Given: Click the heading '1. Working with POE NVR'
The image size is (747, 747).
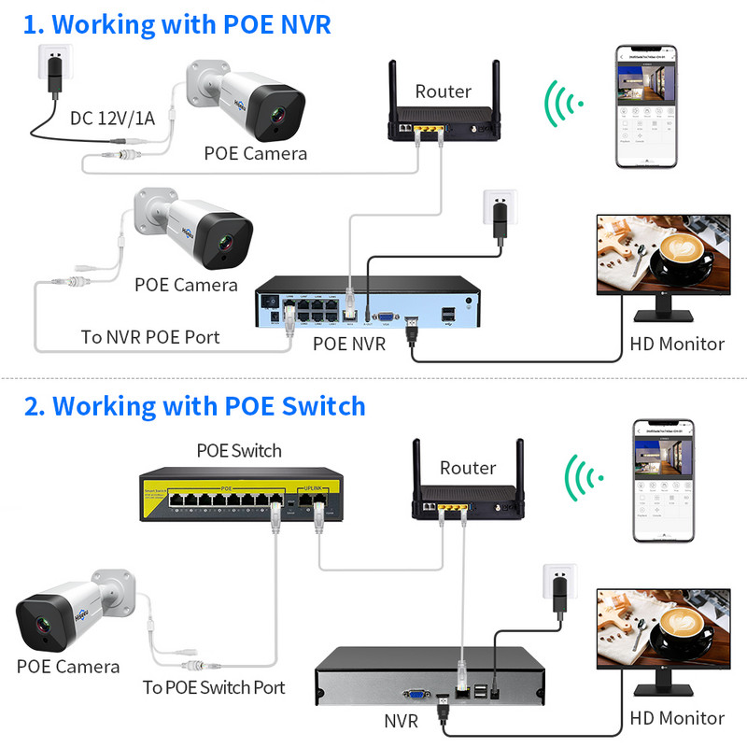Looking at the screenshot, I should (x=176, y=24).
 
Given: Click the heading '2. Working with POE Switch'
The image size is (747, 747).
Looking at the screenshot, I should (x=193, y=406).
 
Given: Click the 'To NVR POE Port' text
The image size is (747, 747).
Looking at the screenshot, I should (x=150, y=337).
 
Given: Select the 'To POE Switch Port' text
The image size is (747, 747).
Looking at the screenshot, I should (x=214, y=688).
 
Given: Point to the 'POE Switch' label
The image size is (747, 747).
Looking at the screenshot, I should (x=238, y=450).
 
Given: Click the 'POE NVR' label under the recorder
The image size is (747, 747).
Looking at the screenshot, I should (x=349, y=345).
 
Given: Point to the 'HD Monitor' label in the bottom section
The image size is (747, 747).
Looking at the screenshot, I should (x=677, y=718).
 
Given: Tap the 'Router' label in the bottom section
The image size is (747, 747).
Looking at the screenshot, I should (x=468, y=468).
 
